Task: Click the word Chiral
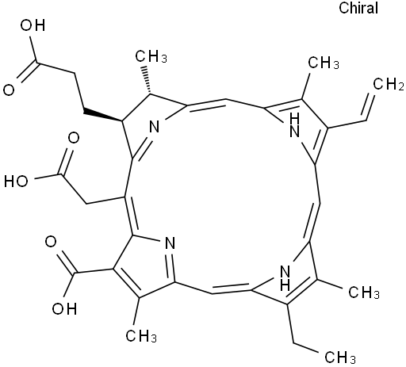point(358,8)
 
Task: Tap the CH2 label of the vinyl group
point(389,85)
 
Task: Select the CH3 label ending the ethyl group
point(339,357)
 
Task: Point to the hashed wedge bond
point(147,79)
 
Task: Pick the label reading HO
point(16,182)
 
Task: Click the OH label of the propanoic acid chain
point(33,25)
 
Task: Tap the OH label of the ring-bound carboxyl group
point(64,308)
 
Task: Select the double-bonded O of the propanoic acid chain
point(9,90)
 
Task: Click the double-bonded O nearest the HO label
point(74,138)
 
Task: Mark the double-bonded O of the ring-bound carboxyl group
point(51,242)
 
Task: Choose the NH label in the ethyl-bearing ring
point(285,278)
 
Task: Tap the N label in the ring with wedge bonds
point(155,127)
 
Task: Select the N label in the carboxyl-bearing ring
point(170,243)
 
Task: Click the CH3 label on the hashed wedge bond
point(151,56)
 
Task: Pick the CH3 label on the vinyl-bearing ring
point(324,63)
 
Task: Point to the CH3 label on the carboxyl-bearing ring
point(141,336)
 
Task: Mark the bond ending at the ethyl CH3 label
point(306,348)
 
